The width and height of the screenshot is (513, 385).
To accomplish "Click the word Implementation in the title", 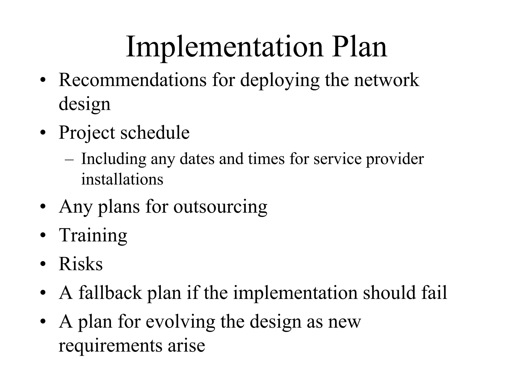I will point(224,48).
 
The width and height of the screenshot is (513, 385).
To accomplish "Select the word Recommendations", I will point(133,80).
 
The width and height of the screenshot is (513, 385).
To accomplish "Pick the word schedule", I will point(155,132).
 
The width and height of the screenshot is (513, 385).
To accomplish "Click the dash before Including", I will point(69,160).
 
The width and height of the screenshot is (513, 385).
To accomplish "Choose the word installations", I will point(122,179).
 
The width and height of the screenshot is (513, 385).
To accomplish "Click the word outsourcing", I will point(220,207).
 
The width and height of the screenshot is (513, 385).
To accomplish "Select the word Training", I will point(93,236).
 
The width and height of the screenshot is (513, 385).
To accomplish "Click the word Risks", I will point(81,264).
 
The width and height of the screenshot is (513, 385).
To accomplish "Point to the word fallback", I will point(110,293).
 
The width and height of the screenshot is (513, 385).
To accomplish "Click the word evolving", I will point(180,322).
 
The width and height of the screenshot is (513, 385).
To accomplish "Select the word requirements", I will point(110,345).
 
